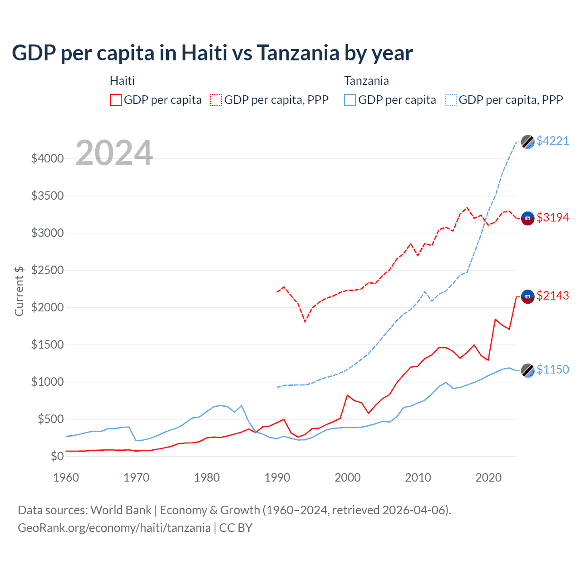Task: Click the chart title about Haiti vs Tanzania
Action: pyautogui.click(x=212, y=53)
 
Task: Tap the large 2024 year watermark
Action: pyautogui.click(x=114, y=153)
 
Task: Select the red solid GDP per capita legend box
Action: pyautogui.click(x=116, y=100)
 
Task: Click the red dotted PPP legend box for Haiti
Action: pyautogui.click(x=216, y=100)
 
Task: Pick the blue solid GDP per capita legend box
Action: pyautogui.click(x=350, y=100)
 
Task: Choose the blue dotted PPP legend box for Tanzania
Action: pyautogui.click(x=451, y=100)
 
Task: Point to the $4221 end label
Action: pyautogui.click(x=552, y=141)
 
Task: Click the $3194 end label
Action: pyautogui.click(x=552, y=217)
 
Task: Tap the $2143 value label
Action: pyautogui.click(x=552, y=295)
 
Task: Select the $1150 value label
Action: pyautogui.click(x=552, y=369)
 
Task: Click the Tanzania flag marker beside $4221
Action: pyautogui.click(x=527, y=142)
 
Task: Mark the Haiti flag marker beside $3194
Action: pyautogui.click(x=527, y=218)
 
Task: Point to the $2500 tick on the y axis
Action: pyautogui.click(x=47, y=270)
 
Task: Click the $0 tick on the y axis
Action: pyautogui.click(x=57, y=456)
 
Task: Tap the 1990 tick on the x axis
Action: pyautogui.click(x=277, y=478)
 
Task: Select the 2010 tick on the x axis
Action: pyautogui.click(x=418, y=478)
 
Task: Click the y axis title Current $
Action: pyautogui.click(x=19, y=291)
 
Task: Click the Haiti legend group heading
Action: pyautogui.click(x=122, y=81)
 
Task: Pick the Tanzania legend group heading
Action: pyautogui.click(x=366, y=81)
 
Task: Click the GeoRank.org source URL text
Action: pyautogui.click(x=114, y=528)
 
